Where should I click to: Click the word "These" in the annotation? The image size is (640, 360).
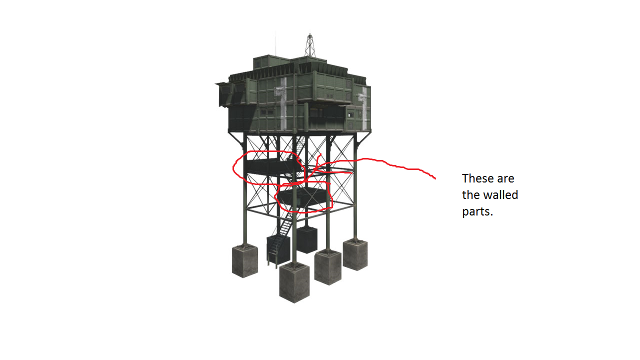pos(477,178)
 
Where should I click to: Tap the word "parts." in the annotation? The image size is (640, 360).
pos(477,212)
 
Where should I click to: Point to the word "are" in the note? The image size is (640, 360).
pos(505,179)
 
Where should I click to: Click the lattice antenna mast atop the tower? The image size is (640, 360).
pos(310,45)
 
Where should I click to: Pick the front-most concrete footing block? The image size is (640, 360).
pos(294,283)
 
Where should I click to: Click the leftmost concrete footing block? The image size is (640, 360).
pos(245,261)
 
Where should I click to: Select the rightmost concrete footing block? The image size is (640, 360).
pos(355,255)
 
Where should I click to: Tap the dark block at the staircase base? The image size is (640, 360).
pos(278,249)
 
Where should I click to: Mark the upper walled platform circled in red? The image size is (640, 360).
pos(271,166)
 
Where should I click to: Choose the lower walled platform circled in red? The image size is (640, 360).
pos(302,197)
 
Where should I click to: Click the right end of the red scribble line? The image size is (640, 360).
pos(435,179)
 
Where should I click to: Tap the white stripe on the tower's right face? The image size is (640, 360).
pos(363,107)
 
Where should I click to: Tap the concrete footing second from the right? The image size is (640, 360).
pos(327,267)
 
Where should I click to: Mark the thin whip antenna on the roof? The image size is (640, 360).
pos(275,43)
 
